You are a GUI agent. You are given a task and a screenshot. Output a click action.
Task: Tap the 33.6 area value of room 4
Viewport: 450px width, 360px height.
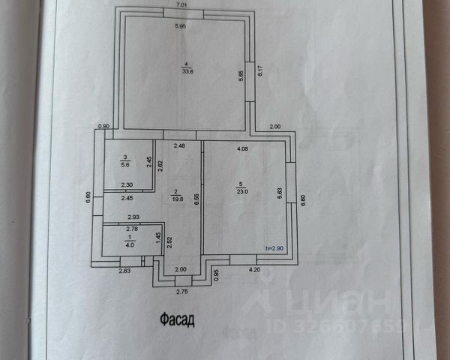point(185,71)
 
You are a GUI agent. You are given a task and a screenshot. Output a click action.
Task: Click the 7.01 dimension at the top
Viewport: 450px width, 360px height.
point(181,5)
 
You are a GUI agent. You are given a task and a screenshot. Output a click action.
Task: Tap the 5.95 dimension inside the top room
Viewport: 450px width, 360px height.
point(181,27)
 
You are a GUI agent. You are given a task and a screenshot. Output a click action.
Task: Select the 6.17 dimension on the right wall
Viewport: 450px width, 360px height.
point(259,73)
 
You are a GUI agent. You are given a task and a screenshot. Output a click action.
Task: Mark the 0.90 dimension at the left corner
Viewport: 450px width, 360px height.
point(104,126)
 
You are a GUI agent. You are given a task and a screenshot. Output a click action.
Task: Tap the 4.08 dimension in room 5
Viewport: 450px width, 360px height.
point(243,148)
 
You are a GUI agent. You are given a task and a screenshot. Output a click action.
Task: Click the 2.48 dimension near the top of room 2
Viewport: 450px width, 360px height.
point(180,145)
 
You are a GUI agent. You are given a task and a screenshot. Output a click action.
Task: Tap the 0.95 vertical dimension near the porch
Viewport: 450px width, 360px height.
point(216,274)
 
